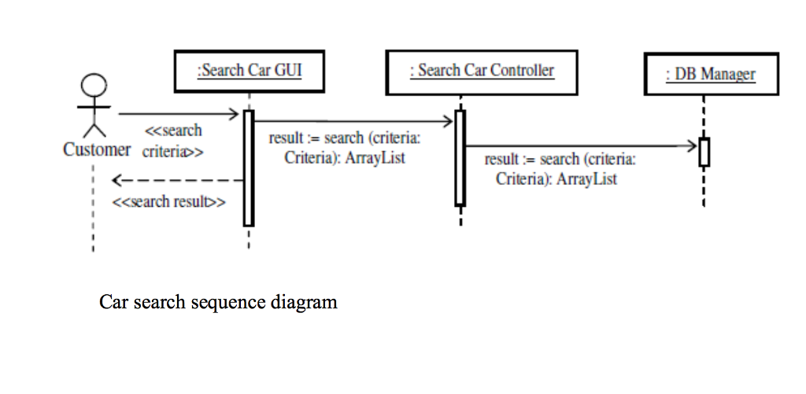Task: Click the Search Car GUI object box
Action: click(249, 72)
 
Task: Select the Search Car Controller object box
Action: click(482, 72)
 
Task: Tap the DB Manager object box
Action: click(710, 75)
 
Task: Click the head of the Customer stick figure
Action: click(94, 85)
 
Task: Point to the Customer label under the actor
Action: click(97, 149)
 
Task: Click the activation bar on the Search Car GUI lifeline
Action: click(249, 167)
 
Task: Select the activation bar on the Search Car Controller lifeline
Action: click(460, 157)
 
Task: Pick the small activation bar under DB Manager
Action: click(704, 152)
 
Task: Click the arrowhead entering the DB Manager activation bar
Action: click(693, 145)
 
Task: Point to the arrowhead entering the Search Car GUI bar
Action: click(235, 114)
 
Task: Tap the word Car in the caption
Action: click(112, 302)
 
